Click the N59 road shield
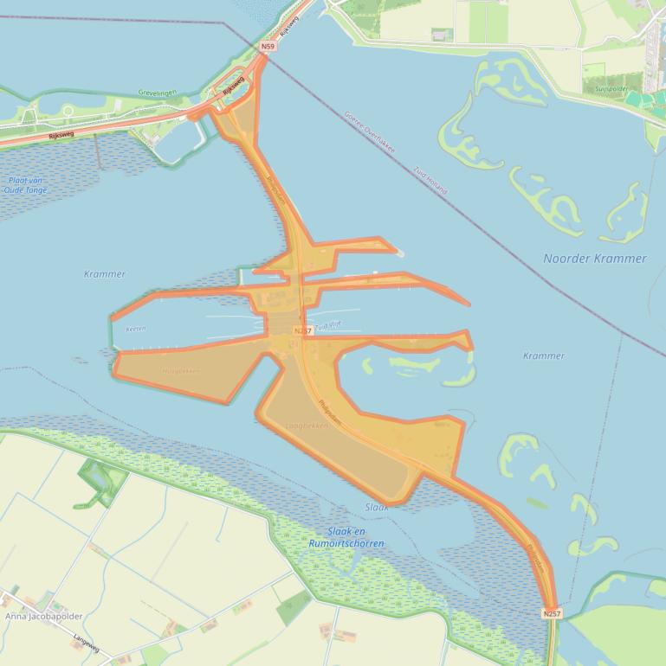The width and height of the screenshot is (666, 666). point(268,46)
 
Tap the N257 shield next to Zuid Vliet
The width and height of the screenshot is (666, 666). point(302,331)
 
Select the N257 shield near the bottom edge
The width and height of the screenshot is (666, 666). point(552,613)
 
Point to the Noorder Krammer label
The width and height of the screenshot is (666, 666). point(594,259)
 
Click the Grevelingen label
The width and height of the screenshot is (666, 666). point(157,92)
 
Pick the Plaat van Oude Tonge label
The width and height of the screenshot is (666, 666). point(25,185)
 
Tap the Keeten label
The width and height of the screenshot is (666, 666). point(136,329)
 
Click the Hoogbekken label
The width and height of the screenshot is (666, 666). point(180,371)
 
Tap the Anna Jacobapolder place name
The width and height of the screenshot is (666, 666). point(44,617)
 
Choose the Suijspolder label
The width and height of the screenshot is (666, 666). point(611,88)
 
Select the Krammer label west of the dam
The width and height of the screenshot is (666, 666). point(104,274)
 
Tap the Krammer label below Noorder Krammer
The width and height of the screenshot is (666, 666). point(544,355)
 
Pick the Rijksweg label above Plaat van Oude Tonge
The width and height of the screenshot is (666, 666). point(61,133)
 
